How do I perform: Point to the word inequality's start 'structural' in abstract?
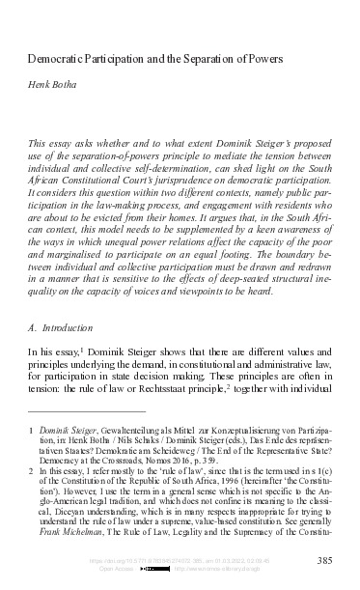293,258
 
